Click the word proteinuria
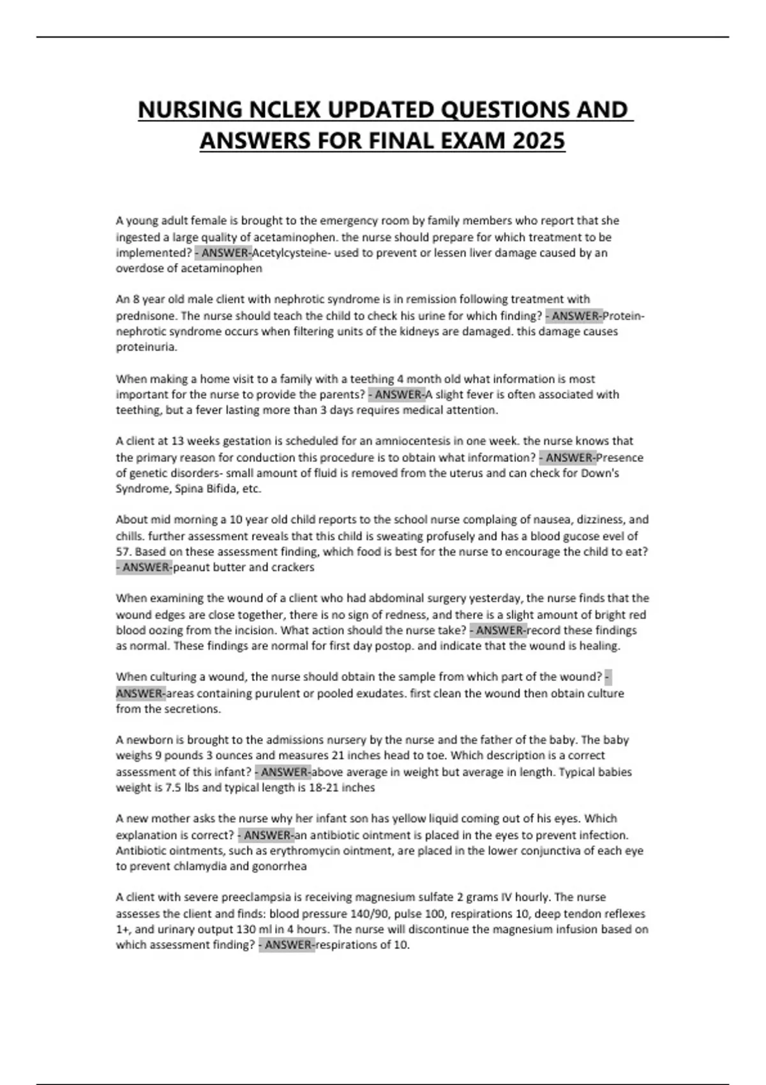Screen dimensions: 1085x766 146,347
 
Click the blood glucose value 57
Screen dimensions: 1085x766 123,551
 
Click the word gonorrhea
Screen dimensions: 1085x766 279,867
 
